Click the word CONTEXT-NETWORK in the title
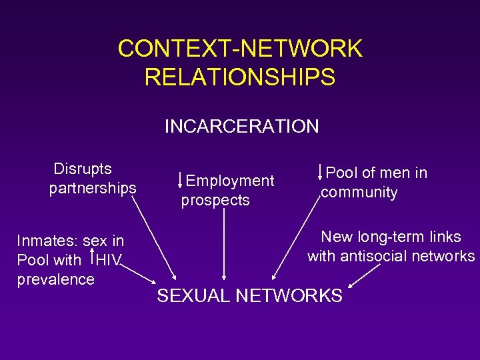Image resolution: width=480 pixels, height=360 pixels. pyautogui.click(x=240, y=49)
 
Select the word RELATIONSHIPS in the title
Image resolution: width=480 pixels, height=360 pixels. pyautogui.click(x=240, y=77)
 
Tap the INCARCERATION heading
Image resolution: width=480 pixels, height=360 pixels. pyautogui.click(x=241, y=126)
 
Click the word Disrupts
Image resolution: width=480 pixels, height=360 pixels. pyautogui.click(x=83, y=169)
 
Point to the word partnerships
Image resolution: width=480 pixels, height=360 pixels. pyautogui.click(x=93, y=189)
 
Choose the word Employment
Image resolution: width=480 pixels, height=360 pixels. pyautogui.click(x=230, y=181)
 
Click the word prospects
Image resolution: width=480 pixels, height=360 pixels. pyautogui.click(x=215, y=200)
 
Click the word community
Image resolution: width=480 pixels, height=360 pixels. pyautogui.click(x=359, y=193)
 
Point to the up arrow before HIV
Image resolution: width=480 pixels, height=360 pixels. pyautogui.click(x=89, y=259)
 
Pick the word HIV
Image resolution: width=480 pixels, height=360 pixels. pyautogui.click(x=108, y=259)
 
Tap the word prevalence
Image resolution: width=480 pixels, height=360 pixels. pyautogui.click(x=56, y=279)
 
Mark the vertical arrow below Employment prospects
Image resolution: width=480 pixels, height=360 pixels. pyautogui.click(x=224, y=243)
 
